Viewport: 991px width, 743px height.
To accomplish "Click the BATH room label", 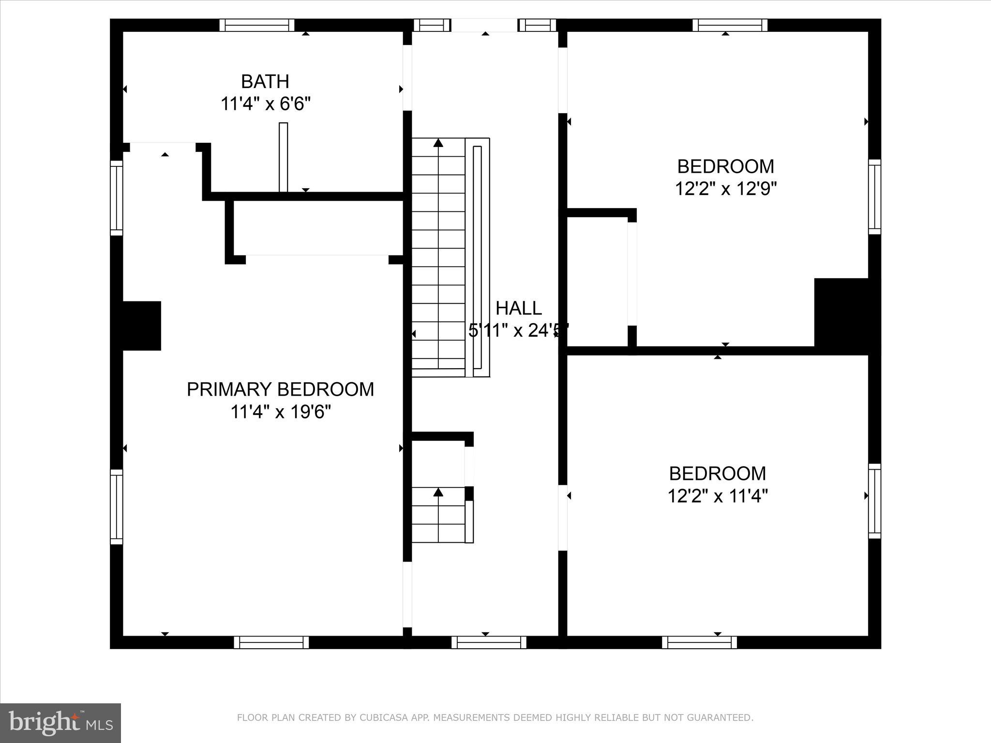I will pos(265,82).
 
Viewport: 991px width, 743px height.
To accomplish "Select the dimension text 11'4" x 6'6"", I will pos(265,104).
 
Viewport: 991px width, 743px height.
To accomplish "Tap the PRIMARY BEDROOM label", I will pos(280,389).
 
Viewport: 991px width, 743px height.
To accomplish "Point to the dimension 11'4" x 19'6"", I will pos(280,412).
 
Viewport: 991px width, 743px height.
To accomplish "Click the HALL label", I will pos(518,308).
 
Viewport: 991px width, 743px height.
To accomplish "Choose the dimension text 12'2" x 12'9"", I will pos(725,189).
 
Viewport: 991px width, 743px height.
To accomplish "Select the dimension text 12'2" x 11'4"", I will pos(718,496).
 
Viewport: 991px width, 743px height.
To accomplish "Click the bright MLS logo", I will pos(60,723).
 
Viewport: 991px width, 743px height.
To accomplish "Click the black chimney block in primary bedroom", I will pos(141,326).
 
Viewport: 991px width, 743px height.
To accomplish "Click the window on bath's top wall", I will pos(257,25).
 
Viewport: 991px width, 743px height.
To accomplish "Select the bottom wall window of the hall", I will pos(489,642).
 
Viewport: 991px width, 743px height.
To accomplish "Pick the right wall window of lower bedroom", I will pos(874,501).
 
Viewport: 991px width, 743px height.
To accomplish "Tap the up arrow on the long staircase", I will pos(438,143).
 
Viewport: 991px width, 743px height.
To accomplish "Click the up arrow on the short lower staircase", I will pos(438,492).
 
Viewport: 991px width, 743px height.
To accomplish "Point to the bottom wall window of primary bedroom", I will pos(271,642).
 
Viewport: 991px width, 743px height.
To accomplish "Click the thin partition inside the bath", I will pos(284,157).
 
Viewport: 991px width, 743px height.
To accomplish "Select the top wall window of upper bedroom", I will pos(730,25).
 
